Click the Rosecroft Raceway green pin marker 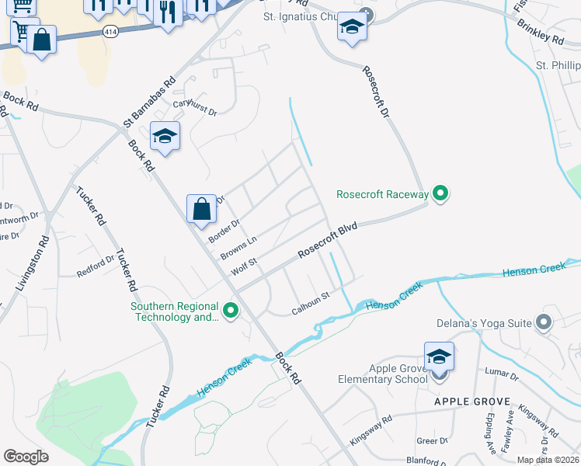[440, 193]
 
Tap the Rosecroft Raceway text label [382, 194]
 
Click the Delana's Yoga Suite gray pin [544, 321]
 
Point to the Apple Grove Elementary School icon [439, 358]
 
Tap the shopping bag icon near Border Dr [201, 209]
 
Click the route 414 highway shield [110, 30]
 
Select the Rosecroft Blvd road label [327, 240]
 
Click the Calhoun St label [311, 301]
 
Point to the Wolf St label [243, 266]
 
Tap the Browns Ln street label [238, 247]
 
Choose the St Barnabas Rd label [148, 102]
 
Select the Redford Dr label [95, 268]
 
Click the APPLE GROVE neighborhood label [471, 402]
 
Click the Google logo [26, 457]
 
